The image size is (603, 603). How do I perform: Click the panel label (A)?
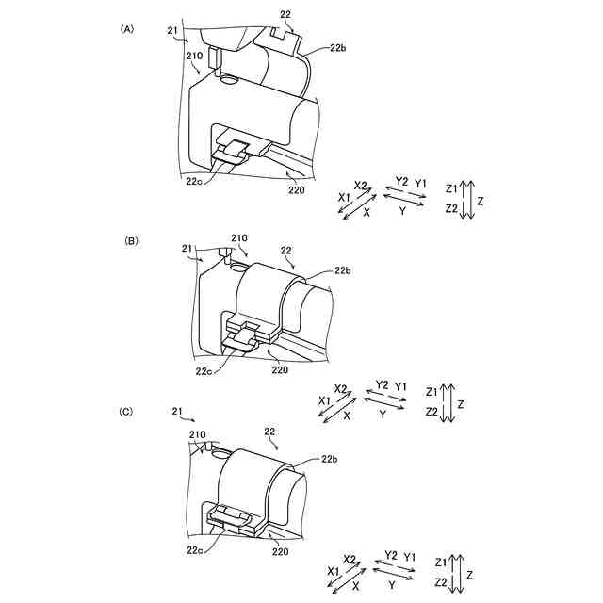pos(127,29)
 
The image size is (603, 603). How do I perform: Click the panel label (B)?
pos(132,241)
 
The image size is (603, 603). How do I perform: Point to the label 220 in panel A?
pos(297,189)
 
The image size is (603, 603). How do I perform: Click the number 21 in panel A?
pos(173,30)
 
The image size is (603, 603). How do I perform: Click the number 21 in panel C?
pos(178,412)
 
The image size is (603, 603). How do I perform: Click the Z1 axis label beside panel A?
pos(452,187)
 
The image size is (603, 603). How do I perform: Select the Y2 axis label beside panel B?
pos(381,384)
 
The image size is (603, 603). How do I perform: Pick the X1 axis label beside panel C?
pos(334,572)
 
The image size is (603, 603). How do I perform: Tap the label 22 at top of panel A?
pos(286,12)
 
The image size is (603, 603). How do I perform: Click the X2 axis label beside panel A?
pos(361,185)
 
